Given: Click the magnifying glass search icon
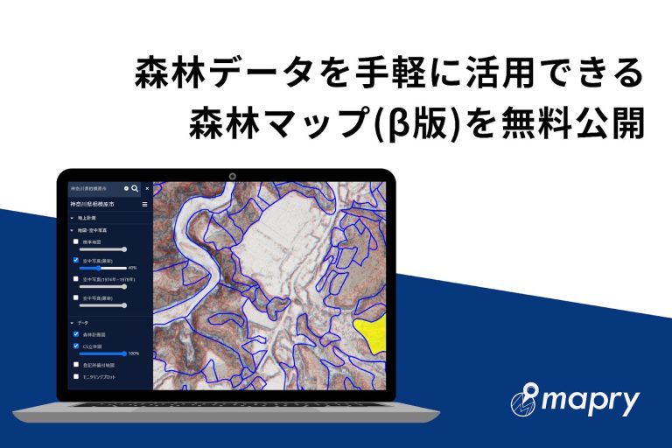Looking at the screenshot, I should point(135,188).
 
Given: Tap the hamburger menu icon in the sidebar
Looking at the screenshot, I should point(145,204).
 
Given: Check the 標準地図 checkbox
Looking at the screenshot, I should point(76,241).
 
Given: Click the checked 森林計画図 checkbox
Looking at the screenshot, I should point(76,333).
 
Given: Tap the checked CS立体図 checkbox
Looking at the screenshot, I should point(76,346).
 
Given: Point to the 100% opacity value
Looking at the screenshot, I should point(134,353).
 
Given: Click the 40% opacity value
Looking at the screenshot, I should point(132,268).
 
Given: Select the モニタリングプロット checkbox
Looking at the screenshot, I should point(76,375).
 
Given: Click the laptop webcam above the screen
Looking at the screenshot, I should point(233,176).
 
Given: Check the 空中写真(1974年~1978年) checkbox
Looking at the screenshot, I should point(76,278).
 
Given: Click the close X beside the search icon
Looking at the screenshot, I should point(147,188).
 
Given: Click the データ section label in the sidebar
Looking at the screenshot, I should point(84,323).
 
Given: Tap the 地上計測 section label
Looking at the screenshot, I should point(87,216).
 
